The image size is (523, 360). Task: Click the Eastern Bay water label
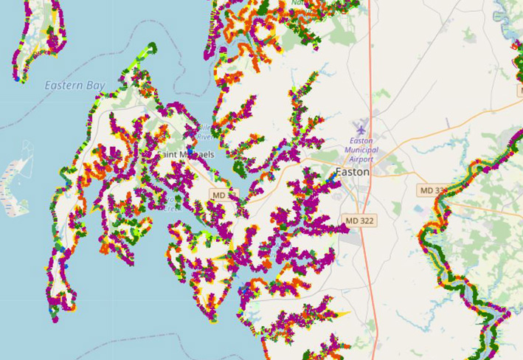75,86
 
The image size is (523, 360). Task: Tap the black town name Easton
352,172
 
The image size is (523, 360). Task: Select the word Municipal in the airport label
361,150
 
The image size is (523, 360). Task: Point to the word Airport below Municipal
361,160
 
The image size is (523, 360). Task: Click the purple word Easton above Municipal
361,141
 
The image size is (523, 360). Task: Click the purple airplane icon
361,128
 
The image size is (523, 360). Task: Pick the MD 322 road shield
360,221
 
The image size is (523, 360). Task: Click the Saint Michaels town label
186,154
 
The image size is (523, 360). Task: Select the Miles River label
204,131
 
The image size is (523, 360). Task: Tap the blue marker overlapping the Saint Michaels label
190,150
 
